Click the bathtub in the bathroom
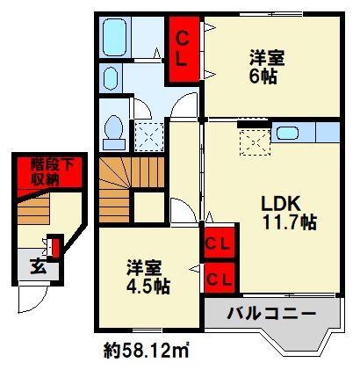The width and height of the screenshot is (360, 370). pyautogui.click(x=114, y=37)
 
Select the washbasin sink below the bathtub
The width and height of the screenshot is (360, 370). pyautogui.click(x=111, y=78)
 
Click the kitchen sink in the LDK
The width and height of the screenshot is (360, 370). pyautogui.click(x=287, y=134)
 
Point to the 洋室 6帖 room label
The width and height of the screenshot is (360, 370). pyautogui.click(x=267, y=67)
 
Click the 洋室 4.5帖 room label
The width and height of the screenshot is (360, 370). pyautogui.click(x=148, y=277)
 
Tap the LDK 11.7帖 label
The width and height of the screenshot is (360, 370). pyautogui.click(x=288, y=213)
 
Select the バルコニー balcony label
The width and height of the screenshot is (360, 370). pyautogui.click(x=272, y=315)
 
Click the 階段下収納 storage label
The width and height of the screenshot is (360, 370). pyautogui.click(x=52, y=172)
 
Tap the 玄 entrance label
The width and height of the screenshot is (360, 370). pyautogui.click(x=39, y=267)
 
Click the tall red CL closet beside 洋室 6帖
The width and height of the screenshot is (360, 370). pyautogui.click(x=182, y=49)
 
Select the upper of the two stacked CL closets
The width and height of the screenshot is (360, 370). pyautogui.click(x=220, y=243)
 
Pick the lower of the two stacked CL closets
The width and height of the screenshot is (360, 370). pyautogui.click(x=220, y=278)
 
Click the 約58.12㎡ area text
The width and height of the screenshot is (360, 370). pyautogui.click(x=146, y=350)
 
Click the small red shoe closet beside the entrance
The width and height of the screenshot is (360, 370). pyautogui.click(x=55, y=246)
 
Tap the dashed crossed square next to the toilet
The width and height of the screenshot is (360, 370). pyautogui.click(x=149, y=137)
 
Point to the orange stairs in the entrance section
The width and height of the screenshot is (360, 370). pyautogui.click(x=33, y=208)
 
